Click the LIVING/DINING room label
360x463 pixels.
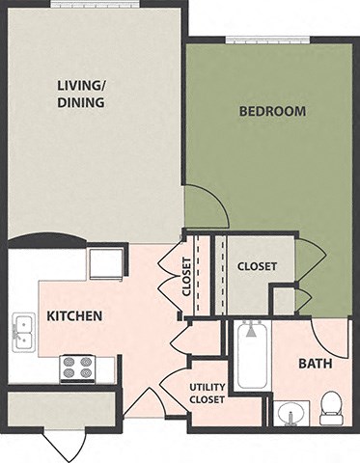point(80,92)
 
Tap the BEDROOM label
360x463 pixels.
point(272,111)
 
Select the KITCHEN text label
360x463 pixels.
point(75,315)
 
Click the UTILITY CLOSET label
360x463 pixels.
point(206,393)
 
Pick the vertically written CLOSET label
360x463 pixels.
point(187,274)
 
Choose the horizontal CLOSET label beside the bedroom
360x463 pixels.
point(258,266)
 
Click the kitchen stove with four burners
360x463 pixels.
point(77,368)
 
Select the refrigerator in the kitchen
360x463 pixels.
point(105,263)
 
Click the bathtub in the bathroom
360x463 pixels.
point(251,356)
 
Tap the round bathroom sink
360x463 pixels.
point(289,414)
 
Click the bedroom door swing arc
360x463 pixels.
point(205,205)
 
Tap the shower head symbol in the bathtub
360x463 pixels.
point(251,331)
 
